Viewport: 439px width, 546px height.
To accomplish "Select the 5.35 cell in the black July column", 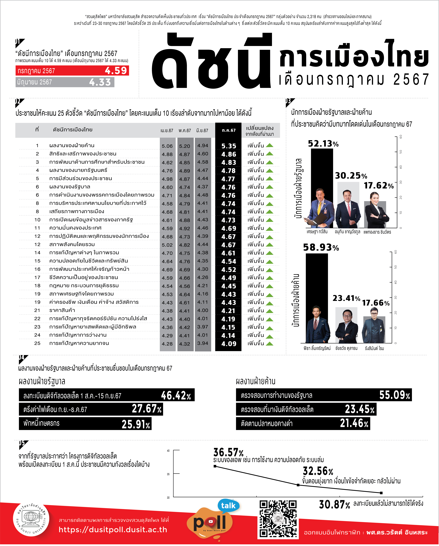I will [229, 146].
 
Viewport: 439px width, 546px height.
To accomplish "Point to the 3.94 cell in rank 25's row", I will [203, 343].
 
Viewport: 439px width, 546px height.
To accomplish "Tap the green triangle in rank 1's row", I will [270, 145].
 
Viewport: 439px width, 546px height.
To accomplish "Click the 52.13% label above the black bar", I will [323, 144].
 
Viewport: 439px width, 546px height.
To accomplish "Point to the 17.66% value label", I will [376, 303].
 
